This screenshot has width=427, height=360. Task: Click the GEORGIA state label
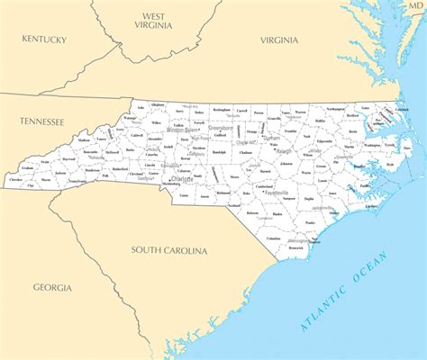[x=53, y=287]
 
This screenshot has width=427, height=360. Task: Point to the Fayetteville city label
[x=276, y=193]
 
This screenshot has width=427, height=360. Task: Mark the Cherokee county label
[x=16, y=180]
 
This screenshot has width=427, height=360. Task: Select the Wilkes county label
[x=157, y=122]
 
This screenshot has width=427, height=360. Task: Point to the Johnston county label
[x=286, y=165]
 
